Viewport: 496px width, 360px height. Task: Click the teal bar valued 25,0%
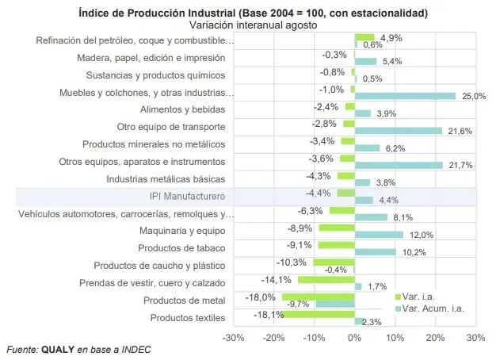click(x=405, y=96)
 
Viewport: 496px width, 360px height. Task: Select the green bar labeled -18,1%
click(x=318, y=314)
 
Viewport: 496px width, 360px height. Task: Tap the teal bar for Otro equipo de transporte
click(x=398, y=130)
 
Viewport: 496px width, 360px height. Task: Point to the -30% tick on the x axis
click(x=233, y=337)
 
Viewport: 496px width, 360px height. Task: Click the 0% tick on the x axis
click(x=354, y=337)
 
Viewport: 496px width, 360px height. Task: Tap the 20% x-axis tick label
click(x=435, y=337)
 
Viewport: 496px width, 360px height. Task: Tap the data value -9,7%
click(x=297, y=304)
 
